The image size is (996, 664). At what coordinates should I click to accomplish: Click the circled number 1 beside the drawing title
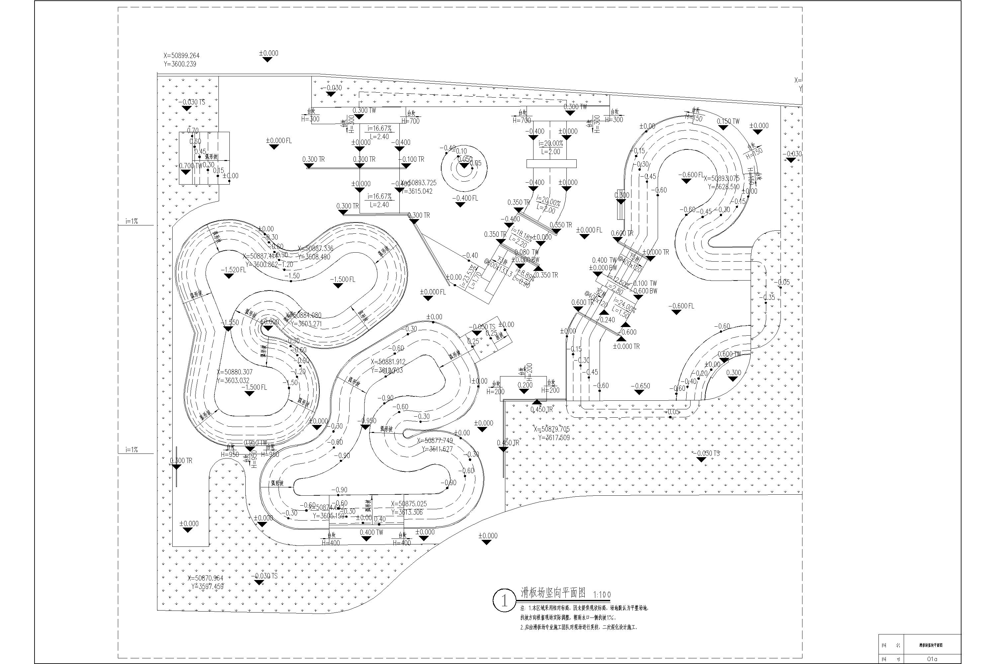pyautogui.click(x=504, y=601)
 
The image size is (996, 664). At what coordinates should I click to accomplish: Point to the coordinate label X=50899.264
pyautogui.click(x=181, y=55)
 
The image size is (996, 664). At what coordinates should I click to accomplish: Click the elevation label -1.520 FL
pyautogui.click(x=233, y=269)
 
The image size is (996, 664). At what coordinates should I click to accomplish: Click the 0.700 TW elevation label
pyautogui.click(x=191, y=166)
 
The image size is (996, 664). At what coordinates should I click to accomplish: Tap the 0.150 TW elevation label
pyautogui.click(x=728, y=122)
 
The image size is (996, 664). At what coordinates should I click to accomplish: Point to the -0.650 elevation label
pyautogui.click(x=640, y=386)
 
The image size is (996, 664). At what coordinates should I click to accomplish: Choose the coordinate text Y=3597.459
pyautogui.click(x=207, y=587)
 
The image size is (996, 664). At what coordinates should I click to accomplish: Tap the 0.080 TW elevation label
pyautogui.click(x=526, y=252)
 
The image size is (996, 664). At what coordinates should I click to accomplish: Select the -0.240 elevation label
pyautogui.click(x=607, y=320)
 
